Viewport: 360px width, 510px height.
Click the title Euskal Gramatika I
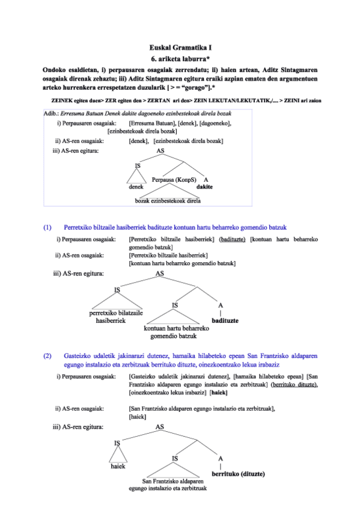[x=180, y=47]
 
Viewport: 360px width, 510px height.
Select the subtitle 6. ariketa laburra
[x=180, y=58]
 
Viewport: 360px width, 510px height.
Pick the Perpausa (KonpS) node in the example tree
[x=175, y=180]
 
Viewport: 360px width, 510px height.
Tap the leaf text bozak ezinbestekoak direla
[x=168, y=201]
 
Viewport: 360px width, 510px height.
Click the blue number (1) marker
[x=48, y=227]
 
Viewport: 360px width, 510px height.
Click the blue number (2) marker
[x=48, y=356]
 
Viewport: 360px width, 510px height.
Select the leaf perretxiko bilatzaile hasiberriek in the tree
[x=115, y=317]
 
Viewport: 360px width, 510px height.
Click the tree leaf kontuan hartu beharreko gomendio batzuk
[x=176, y=333]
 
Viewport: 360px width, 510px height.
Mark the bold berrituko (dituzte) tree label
[x=236, y=473]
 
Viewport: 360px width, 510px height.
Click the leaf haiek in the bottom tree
[x=118, y=466]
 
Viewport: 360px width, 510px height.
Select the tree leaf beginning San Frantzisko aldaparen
[x=174, y=485]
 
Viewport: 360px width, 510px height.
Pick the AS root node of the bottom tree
[x=160, y=427]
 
